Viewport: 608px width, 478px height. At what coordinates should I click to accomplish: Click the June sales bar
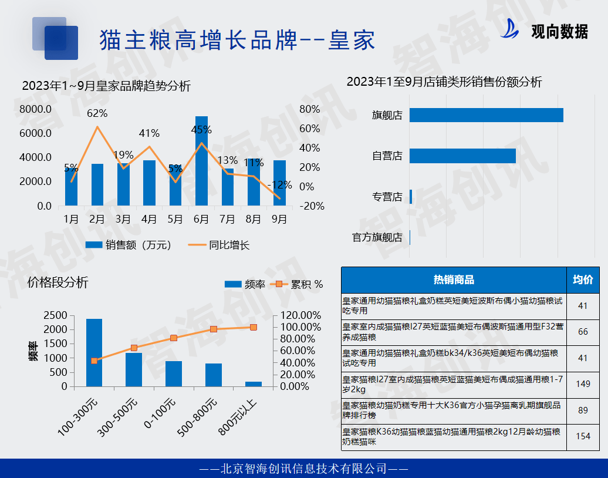[x=201, y=161]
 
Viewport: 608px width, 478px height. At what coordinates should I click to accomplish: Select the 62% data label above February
[x=97, y=113]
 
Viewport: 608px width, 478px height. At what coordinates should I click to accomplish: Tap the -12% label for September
[x=279, y=185]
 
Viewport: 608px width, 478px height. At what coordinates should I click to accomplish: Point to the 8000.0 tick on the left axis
[x=36, y=109]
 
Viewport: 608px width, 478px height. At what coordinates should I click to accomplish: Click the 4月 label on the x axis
[x=149, y=220]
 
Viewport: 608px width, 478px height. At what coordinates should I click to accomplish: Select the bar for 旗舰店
[x=486, y=115]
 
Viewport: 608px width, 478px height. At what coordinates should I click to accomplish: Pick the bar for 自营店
[x=462, y=156]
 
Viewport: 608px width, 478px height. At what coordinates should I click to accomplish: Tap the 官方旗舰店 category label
[x=377, y=237]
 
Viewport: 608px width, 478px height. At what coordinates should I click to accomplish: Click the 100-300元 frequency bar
[x=94, y=352]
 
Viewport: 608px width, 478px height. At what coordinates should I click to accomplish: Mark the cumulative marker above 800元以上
[x=253, y=327]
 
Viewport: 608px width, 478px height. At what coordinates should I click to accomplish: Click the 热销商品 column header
[x=454, y=280]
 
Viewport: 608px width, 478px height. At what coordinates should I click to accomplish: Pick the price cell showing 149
[x=583, y=384]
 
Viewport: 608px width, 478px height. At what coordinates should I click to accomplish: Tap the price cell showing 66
[x=583, y=332]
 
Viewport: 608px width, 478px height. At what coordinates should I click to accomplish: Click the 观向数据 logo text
[x=559, y=32]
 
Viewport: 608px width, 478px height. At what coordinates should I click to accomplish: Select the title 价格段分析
[x=58, y=282]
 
